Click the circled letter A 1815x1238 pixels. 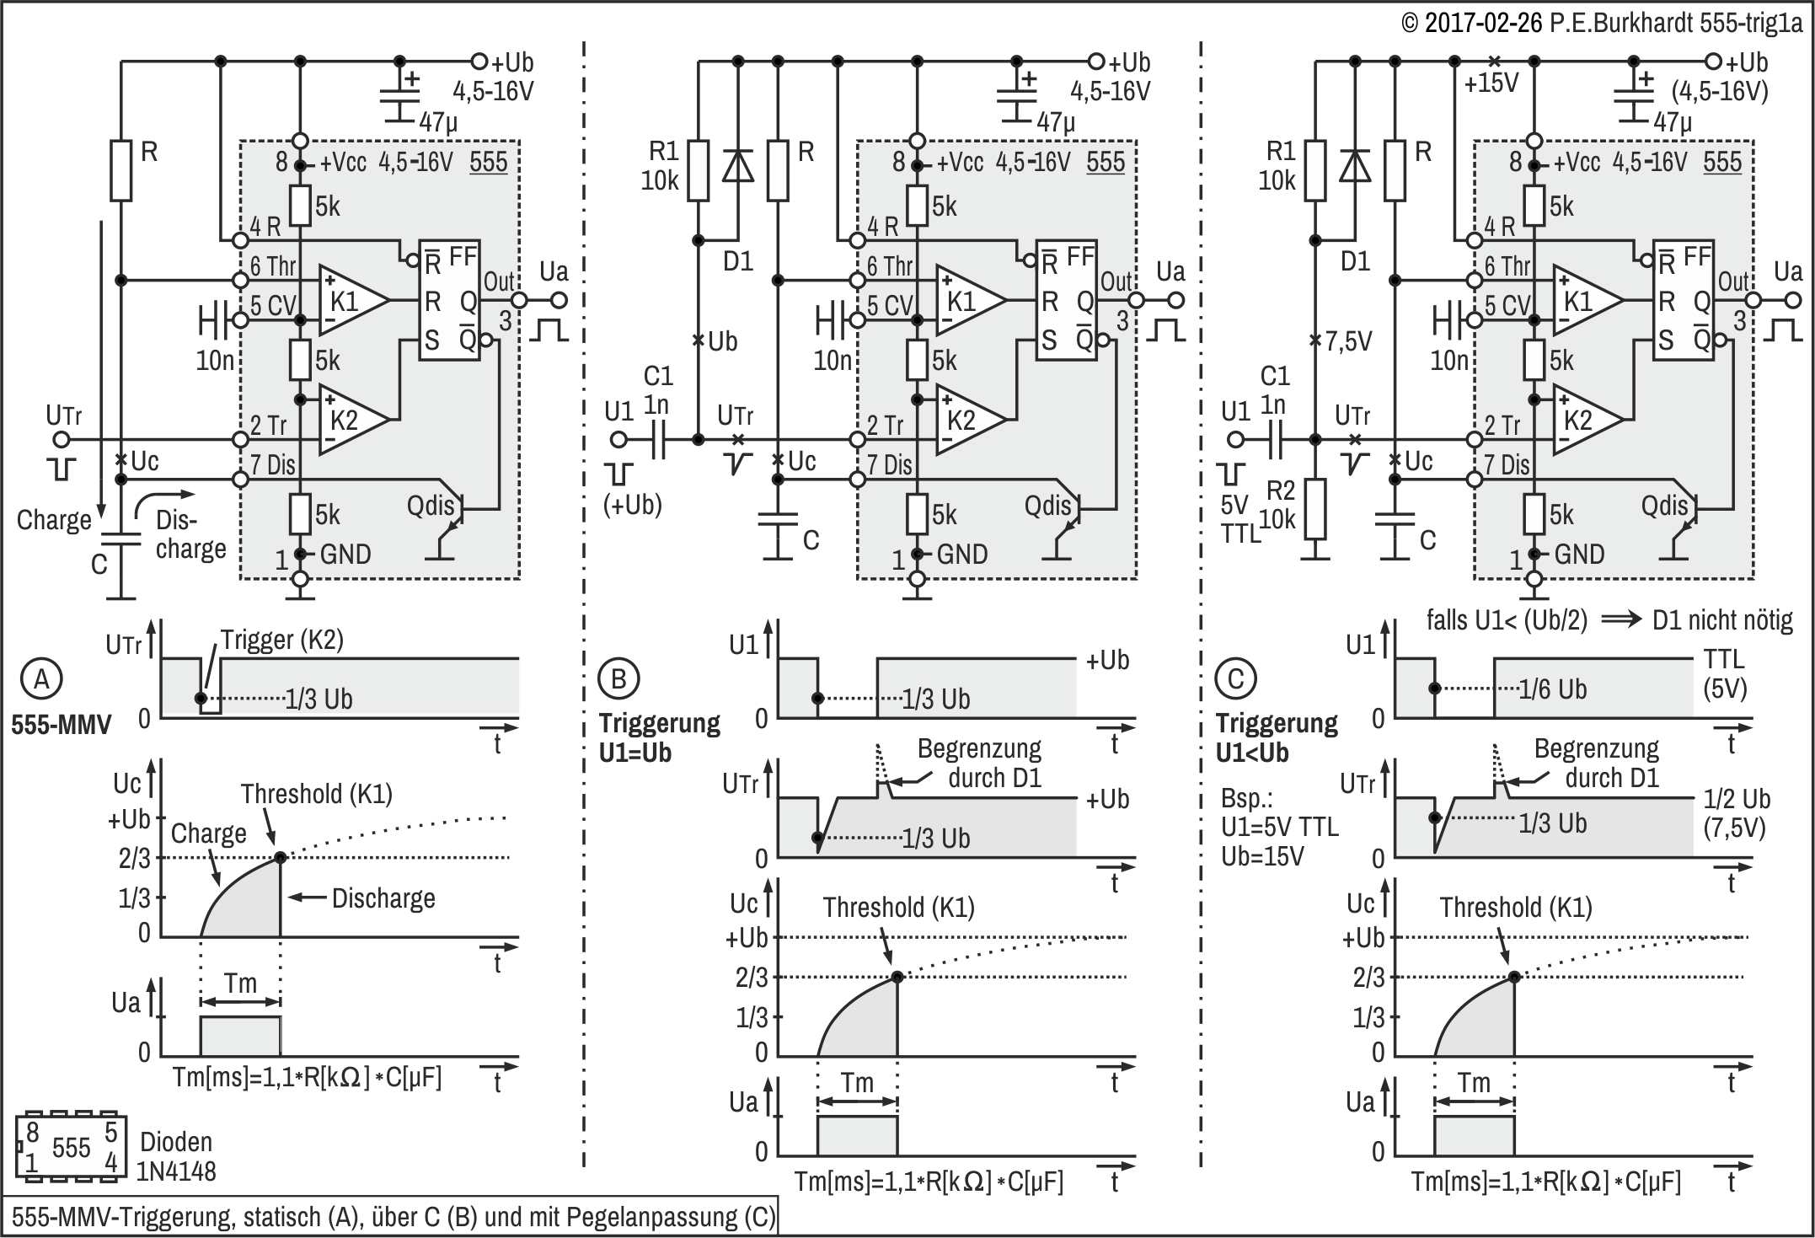(41, 678)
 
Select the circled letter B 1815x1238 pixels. (618, 678)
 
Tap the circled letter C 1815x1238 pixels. (1235, 678)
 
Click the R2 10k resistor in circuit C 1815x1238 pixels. (1314, 509)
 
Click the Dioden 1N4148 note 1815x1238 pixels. (177, 1156)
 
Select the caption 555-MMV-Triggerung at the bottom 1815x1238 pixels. (393, 1217)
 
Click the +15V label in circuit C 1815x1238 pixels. (1491, 83)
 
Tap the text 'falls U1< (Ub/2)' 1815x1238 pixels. (1507, 620)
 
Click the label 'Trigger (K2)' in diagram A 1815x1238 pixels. (282, 640)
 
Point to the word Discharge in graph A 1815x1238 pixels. (383, 898)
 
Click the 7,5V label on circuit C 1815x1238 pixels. (1348, 341)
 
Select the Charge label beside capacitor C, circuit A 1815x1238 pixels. (54, 520)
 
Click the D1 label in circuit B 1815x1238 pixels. (738, 261)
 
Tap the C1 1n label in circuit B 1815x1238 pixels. (657, 390)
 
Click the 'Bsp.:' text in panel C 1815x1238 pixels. (1245, 798)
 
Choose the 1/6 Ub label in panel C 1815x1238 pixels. (1552, 689)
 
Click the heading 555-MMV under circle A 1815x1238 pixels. (62, 725)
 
